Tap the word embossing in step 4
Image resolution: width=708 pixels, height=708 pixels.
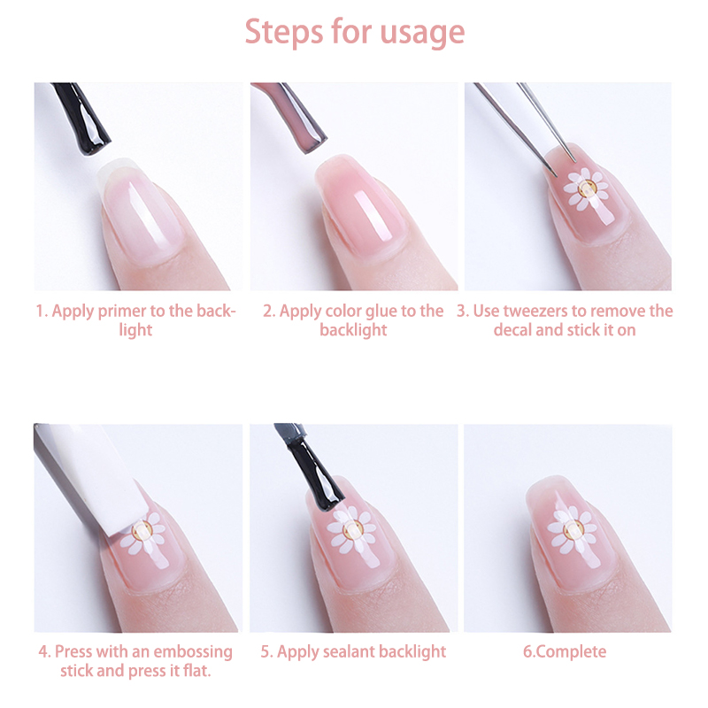[x=193, y=652]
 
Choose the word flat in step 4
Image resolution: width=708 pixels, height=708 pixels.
[x=196, y=671]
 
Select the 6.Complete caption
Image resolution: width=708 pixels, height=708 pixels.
[x=565, y=652]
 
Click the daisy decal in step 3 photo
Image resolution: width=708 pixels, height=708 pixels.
[x=586, y=189]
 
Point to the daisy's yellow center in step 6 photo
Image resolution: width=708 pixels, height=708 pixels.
[x=573, y=528]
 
